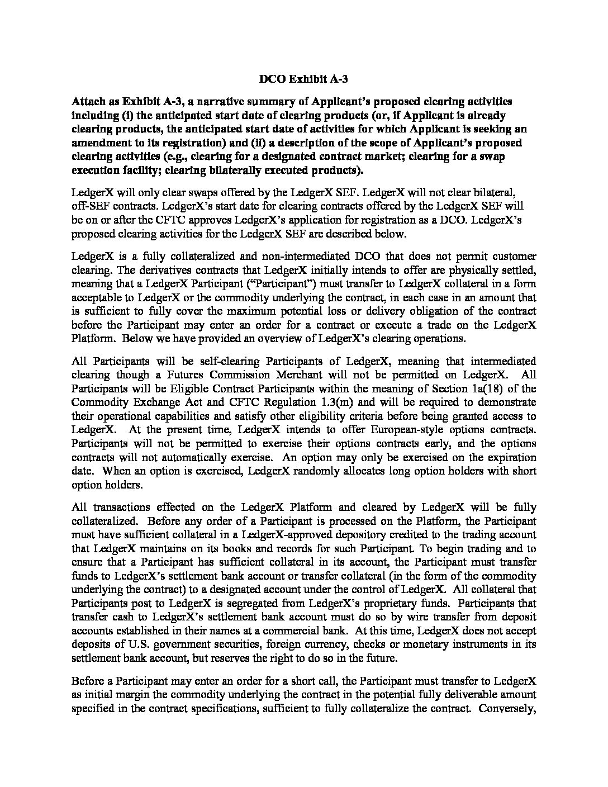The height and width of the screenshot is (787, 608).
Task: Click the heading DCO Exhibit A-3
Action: click(303, 79)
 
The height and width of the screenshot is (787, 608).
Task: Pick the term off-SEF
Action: click(90, 206)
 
